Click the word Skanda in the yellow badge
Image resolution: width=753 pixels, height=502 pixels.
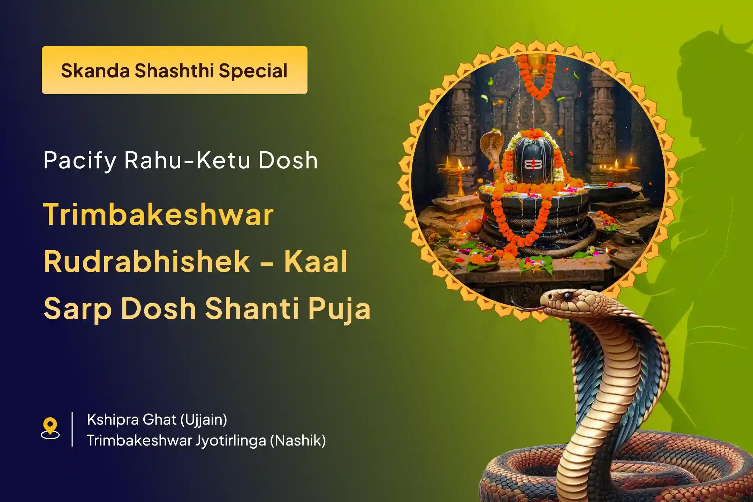coord(95,70)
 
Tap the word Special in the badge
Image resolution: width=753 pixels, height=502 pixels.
coord(253,71)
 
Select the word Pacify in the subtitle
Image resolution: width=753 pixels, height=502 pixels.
coord(80,161)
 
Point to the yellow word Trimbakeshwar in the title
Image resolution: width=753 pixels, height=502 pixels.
coord(159,214)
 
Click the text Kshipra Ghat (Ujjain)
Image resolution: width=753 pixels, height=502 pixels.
coord(157,420)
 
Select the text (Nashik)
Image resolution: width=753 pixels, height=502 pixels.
coord(298,441)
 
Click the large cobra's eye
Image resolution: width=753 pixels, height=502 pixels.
coord(568,297)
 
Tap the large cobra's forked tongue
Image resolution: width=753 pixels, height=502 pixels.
coord(527,307)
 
